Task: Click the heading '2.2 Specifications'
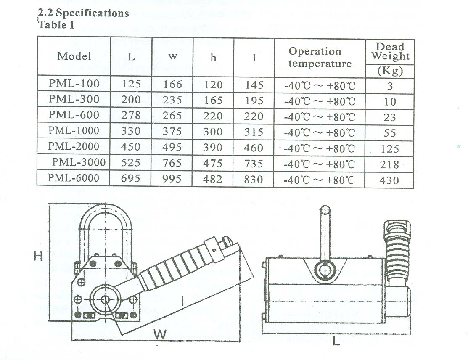(x=83, y=13)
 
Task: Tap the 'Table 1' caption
(x=57, y=25)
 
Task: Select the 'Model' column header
(x=74, y=56)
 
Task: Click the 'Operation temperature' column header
(x=320, y=58)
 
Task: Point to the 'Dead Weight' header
(x=390, y=51)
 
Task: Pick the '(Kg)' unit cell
(x=390, y=71)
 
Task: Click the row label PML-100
(x=74, y=84)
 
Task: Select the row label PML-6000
(x=74, y=178)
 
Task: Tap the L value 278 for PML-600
(x=131, y=115)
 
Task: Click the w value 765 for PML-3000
(x=172, y=163)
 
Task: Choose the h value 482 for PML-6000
(x=213, y=179)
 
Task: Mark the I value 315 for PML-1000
(x=254, y=132)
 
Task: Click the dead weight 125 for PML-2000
(x=390, y=149)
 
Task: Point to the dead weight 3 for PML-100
(x=390, y=86)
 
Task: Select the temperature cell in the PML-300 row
(x=320, y=101)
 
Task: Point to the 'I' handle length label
(x=183, y=301)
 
